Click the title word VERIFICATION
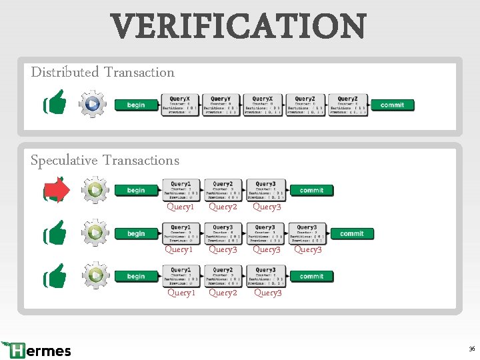(x=239, y=27)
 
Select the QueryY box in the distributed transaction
(x=220, y=105)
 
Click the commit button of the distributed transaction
(x=392, y=105)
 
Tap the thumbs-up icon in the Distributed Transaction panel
(x=55, y=103)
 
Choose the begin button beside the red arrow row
(x=136, y=190)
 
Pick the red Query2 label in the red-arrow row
(x=223, y=207)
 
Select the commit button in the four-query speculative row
(x=352, y=233)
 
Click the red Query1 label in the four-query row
(x=179, y=250)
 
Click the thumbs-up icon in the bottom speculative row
(x=55, y=276)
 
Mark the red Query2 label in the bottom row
(x=223, y=293)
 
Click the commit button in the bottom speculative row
(x=311, y=276)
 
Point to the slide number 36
(x=471, y=349)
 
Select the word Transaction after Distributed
(x=139, y=72)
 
